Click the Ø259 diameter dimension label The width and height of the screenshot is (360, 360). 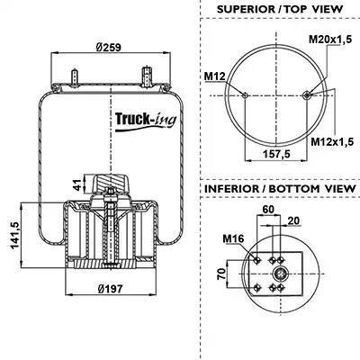pos(108,47)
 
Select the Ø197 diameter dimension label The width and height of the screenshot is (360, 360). pos(110,289)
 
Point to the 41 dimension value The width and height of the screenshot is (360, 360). pos(77,185)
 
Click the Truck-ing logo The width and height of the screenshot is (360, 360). pos(146,121)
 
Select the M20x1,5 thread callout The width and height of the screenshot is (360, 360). pos(330,40)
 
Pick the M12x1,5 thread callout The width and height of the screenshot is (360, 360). pos(332,141)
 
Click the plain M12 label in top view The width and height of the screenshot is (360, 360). pos(214,76)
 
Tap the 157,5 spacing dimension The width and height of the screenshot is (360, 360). pos(276,154)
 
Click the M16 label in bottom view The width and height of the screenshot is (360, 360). pos(233,238)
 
